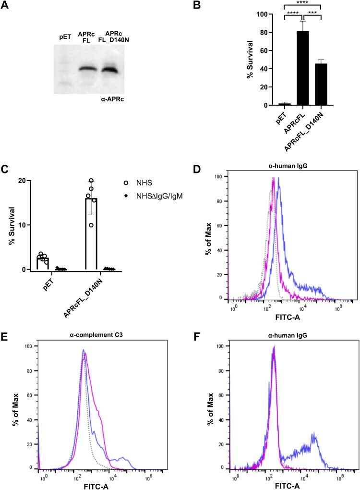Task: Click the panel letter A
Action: (x=4, y=5)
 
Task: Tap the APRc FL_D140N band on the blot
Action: (x=109, y=69)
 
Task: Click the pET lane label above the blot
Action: (x=65, y=37)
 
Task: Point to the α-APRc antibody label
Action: (x=113, y=100)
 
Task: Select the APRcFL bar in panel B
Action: (x=303, y=68)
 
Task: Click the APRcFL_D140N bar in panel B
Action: (x=321, y=85)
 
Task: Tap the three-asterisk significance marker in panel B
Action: (x=312, y=13)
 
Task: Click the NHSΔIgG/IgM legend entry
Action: (x=153, y=196)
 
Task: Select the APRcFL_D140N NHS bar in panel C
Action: (x=91, y=234)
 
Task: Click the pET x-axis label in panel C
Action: (x=48, y=284)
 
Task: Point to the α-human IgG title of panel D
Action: (x=288, y=166)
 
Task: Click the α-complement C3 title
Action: (x=96, y=335)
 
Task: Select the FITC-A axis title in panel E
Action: (x=96, y=486)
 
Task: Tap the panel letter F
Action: (x=197, y=338)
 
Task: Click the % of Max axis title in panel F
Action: (x=210, y=408)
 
